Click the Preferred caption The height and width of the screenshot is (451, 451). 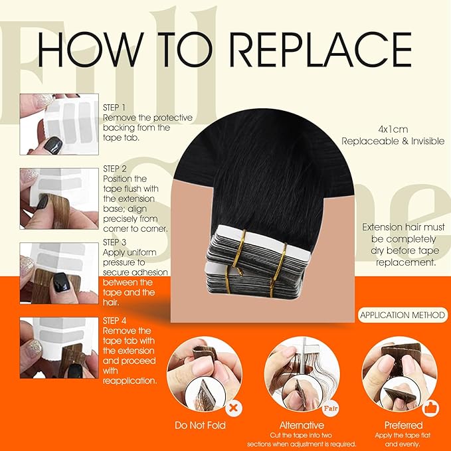(x=403, y=424)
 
